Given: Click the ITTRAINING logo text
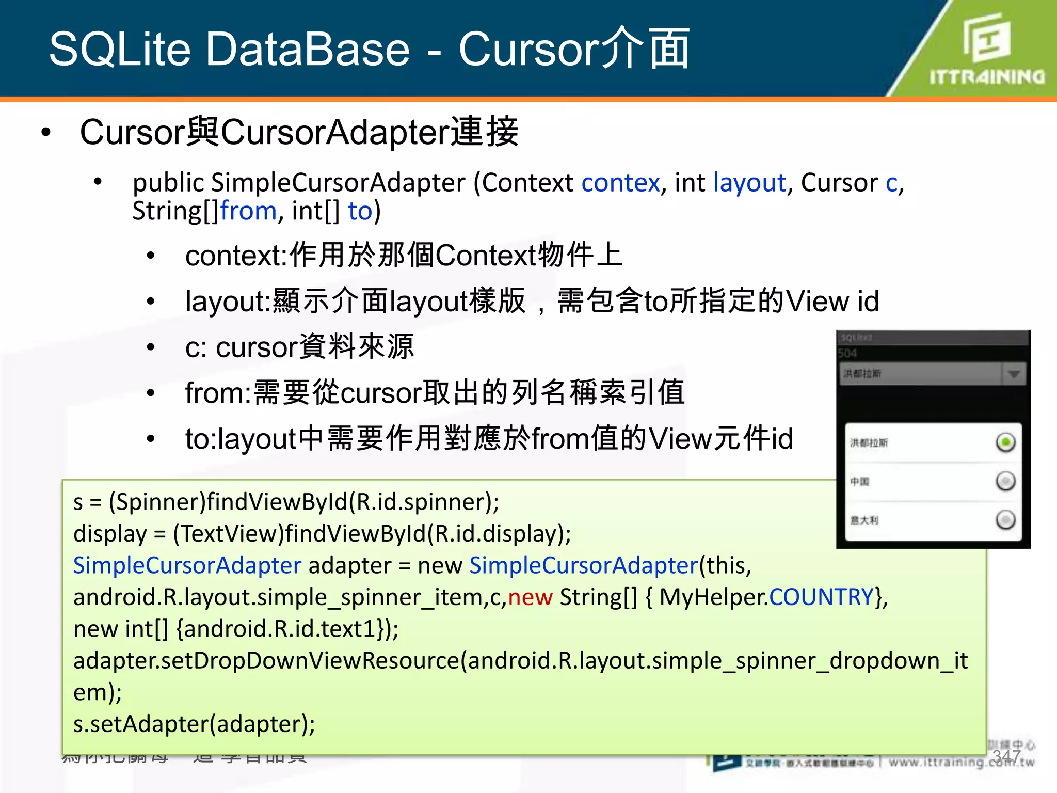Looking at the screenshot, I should click(987, 77).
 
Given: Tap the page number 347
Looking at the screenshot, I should click(1006, 756).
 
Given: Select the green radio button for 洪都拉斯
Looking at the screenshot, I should click(1005, 442).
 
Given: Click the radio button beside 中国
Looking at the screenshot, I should click(1005, 481).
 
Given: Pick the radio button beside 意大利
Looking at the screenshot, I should click(1005, 520).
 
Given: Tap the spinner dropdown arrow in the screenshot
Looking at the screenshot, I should click(1014, 374).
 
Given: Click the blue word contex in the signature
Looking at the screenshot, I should click(620, 183).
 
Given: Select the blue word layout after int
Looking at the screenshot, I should click(749, 183).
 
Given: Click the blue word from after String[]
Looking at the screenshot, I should click(249, 211).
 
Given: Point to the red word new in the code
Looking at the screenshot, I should click(530, 597).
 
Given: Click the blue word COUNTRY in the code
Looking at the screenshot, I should click(821, 597).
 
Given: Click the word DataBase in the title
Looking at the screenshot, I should click(308, 49).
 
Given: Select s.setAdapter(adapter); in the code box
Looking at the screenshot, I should click(194, 724).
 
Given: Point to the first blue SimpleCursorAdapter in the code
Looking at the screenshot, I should click(187, 565).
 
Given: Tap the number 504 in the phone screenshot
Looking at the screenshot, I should click(847, 353).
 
